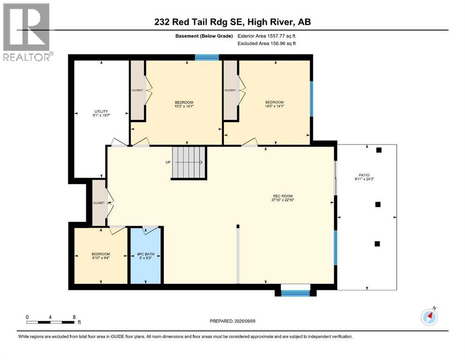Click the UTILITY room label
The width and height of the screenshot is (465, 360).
coord(101,112)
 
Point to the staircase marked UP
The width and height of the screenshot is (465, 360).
coord(189,162)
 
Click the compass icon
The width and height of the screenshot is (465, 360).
coord(429,317)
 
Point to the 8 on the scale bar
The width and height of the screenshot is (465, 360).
coord(74,317)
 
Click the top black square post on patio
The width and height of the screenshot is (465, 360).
coord(379,150)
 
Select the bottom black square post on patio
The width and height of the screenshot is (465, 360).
coord(377,243)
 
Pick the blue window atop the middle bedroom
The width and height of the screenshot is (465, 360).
coord(207,58)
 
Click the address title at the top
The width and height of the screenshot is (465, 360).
coord(233,22)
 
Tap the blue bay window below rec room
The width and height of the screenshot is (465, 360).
coord(295,293)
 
